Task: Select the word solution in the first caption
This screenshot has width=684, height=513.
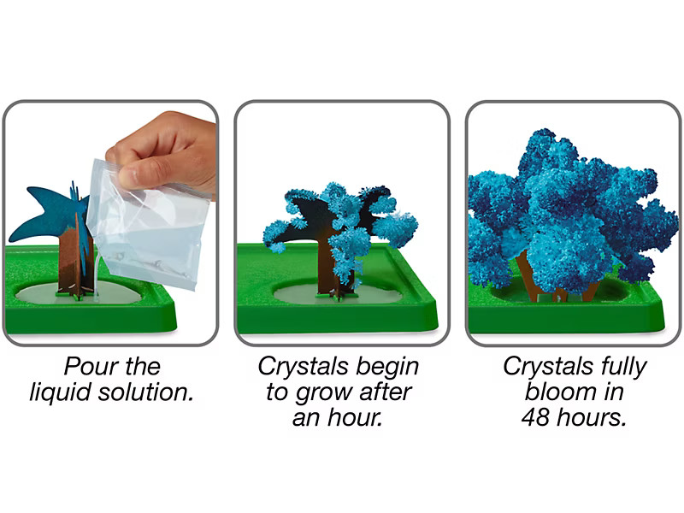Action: pos(145,392)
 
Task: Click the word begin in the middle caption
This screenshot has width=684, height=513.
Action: pos(387,367)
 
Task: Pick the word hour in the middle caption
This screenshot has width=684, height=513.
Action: pos(355,417)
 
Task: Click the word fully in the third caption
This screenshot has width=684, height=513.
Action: pos(624,367)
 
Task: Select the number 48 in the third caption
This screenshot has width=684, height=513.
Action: pos(535,417)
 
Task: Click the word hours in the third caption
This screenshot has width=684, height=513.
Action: pos(591,417)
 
